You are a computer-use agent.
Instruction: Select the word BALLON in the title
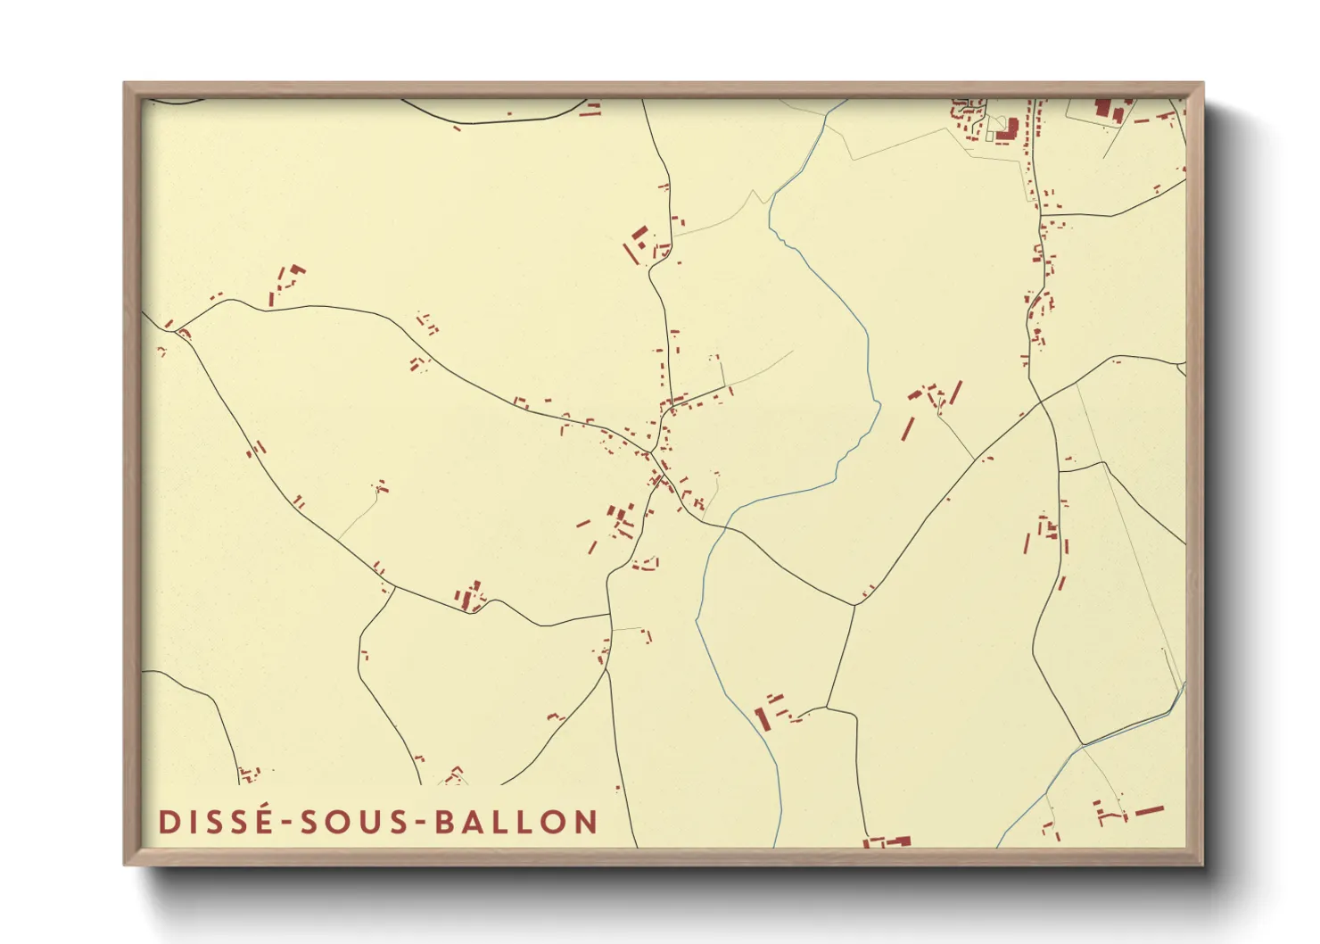516,822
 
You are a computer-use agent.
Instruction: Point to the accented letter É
262,820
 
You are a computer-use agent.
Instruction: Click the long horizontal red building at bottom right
1149,810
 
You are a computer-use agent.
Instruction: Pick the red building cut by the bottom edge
887,841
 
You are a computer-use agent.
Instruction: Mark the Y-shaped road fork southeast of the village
854,606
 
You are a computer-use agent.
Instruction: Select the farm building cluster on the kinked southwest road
470,597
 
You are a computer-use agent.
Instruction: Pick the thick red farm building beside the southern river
761,718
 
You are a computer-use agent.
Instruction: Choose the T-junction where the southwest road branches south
393,588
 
